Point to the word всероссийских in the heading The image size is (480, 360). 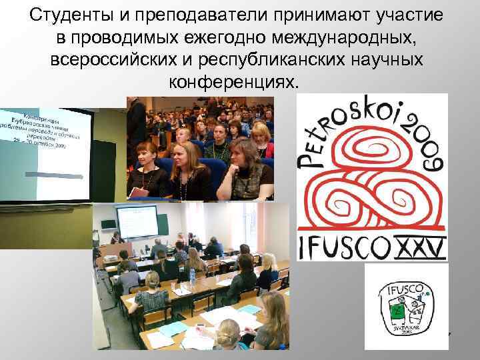click(113, 60)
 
